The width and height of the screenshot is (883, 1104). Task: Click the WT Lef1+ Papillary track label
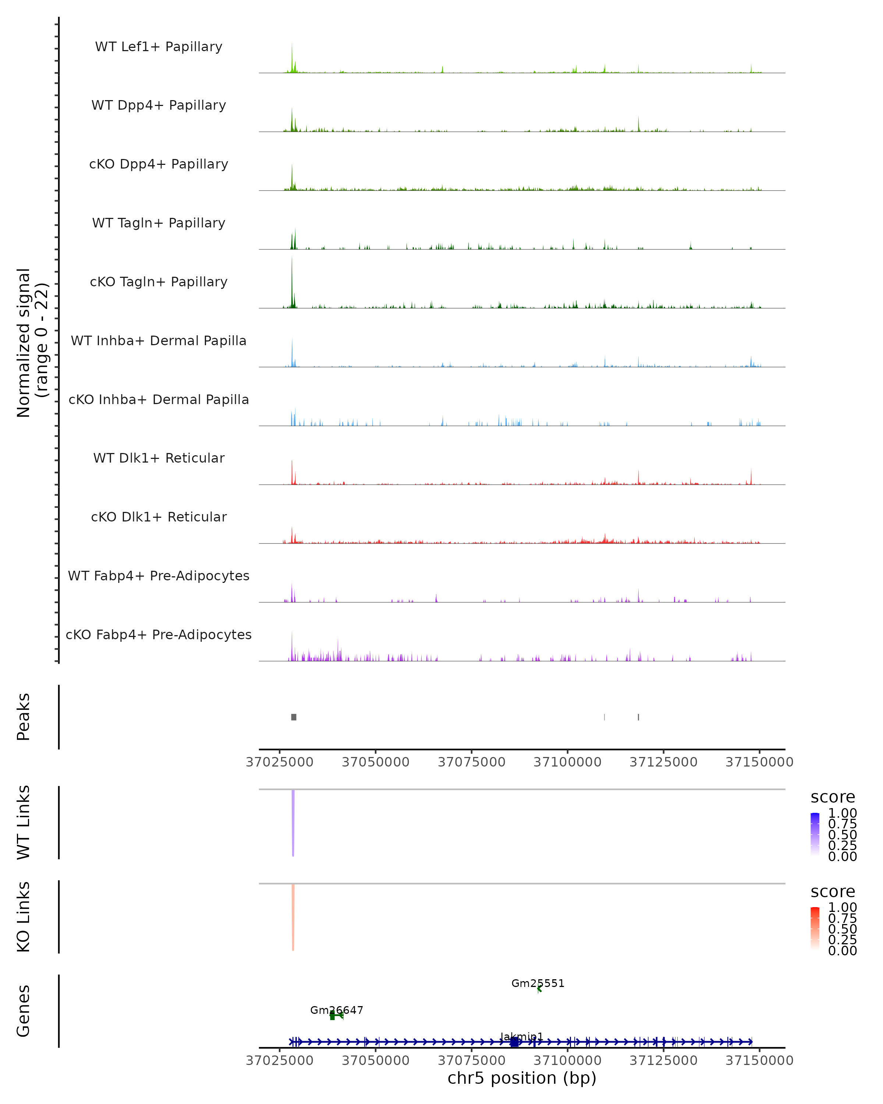click(x=159, y=47)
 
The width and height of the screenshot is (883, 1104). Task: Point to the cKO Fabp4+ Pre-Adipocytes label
click(x=159, y=634)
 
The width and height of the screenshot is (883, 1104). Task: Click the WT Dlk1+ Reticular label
click(x=159, y=458)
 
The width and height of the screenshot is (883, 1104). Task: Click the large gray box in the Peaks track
click(x=294, y=717)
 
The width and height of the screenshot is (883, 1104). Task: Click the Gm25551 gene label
click(x=538, y=983)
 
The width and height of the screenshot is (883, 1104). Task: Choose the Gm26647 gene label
click(x=336, y=1010)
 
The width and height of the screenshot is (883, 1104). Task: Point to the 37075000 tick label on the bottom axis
click(x=471, y=1061)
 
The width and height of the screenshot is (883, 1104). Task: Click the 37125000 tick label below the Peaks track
click(x=663, y=762)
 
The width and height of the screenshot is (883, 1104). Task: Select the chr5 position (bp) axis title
click(x=522, y=1078)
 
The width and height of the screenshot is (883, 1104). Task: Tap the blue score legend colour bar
click(x=815, y=834)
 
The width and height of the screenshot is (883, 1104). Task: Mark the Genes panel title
click(x=24, y=1011)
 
